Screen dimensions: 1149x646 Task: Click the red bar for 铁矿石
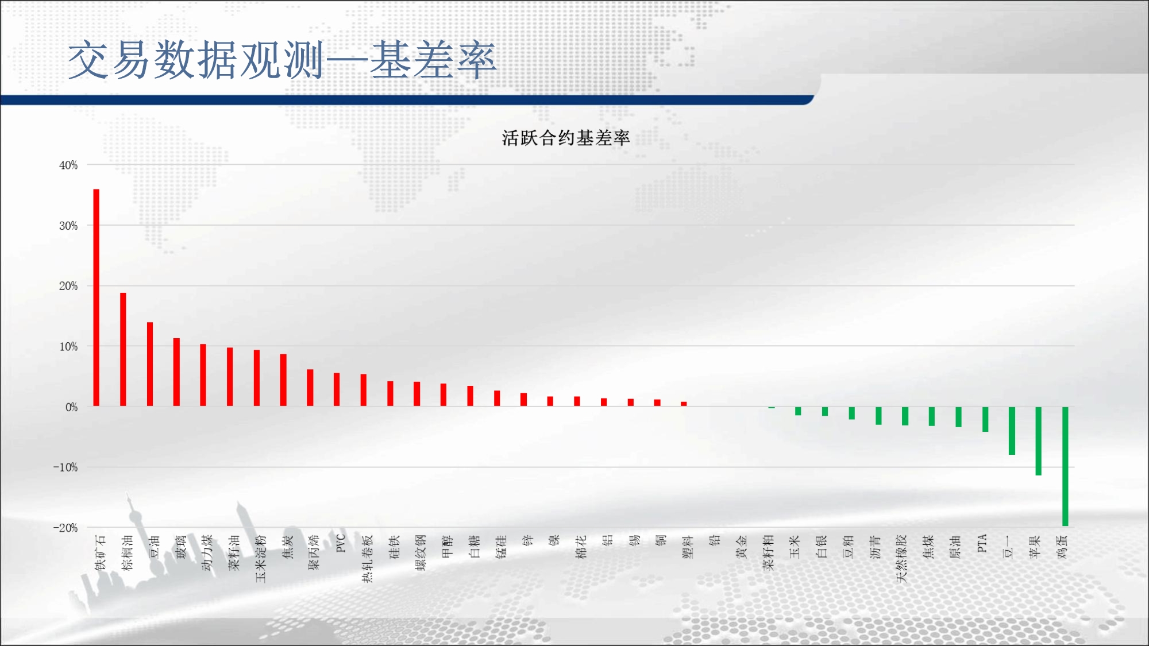(97, 297)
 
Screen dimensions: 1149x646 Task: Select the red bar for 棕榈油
(123, 350)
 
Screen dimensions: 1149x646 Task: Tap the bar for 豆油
(150, 364)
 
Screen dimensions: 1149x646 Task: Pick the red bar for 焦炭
(283, 380)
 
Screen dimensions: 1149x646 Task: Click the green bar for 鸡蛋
(1065, 466)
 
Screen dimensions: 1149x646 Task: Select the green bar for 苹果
(1039, 441)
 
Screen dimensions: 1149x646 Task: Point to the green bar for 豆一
(1012, 431)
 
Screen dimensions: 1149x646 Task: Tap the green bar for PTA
(985, 419)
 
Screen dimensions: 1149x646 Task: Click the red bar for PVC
(337, 390)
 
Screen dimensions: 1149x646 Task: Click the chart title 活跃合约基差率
(566, 138)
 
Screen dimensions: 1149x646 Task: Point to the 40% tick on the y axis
(68, 165)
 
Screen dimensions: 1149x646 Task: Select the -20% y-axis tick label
(65, 528)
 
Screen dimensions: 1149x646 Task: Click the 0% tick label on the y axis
(71, 407)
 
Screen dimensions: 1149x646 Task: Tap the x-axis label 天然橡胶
(901, 558)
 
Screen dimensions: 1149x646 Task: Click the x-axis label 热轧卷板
(367, 558)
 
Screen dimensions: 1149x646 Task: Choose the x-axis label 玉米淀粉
(261, 558)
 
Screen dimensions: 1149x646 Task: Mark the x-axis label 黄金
(741, 547)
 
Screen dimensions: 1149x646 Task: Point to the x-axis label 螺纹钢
(421, 552)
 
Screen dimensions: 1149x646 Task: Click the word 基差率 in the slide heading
(433, 60)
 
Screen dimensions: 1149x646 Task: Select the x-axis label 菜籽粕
(768, 552)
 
